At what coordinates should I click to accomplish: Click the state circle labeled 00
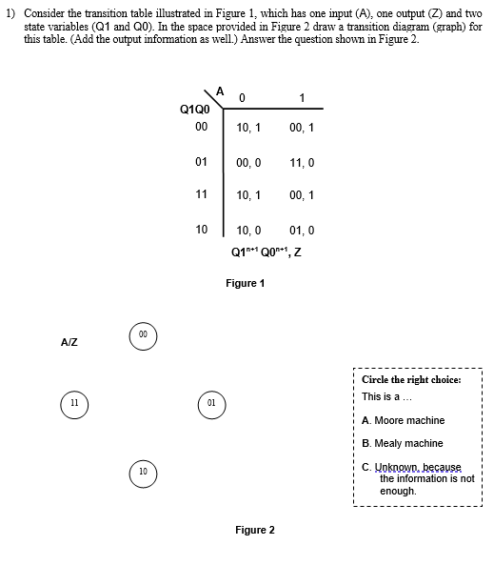tap(141, 334)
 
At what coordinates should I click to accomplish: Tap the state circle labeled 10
tap(142, 472)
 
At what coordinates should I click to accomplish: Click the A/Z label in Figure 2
tap(69, 341)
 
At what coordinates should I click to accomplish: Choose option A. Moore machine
tap(403, 420)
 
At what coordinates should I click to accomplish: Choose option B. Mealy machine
tap(402, 443)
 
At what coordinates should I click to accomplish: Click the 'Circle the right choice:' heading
tap(411, 379)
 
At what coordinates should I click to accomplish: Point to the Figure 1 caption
tap(245, 283)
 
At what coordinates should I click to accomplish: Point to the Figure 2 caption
tap(255, 530)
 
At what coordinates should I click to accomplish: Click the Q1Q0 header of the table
tap(194, 109)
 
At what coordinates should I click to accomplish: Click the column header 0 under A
tap(243, 96)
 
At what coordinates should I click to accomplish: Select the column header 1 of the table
tap(301, 96)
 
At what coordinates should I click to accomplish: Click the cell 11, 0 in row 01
tap(300, 163)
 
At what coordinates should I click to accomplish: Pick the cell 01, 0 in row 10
tap(300, 230)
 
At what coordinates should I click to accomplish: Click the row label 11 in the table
tap(201, 193)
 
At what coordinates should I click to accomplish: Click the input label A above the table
tap(220, 91)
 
